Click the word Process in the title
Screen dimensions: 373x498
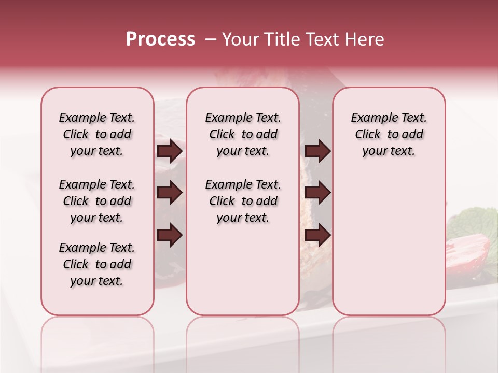tap(160, 39)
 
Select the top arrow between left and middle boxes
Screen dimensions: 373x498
tap(170, 151)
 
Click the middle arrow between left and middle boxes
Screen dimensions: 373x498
tap(170, 193)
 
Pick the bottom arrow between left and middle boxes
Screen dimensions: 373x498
tap(170, 235)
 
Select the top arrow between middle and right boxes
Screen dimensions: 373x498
tap(317, 151)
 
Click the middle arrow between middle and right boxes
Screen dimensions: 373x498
tap(317, 193)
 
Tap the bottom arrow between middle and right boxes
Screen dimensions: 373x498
tap(317, 235)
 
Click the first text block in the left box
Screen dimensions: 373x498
tap(97, 134)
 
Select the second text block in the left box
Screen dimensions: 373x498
tap(97, 201)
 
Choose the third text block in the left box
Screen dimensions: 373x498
tap(97, 264)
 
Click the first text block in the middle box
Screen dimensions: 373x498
tap(243, 134)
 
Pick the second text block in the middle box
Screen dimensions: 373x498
tap(243, 201)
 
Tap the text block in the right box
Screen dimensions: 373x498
tap(389, 134)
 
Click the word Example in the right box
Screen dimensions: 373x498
tap(369, 118)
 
